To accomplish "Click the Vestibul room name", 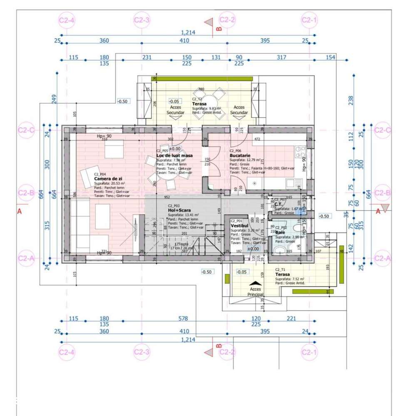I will (x=239, y=225).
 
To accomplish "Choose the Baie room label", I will (x=280, y=232).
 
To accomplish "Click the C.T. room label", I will (x=279, y=204).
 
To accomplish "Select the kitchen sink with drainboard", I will (x=296, y=182).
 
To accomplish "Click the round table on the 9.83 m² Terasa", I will (x=208, y=102).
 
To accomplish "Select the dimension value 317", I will (x=281, y=57).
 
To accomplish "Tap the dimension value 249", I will (x=53, y=99).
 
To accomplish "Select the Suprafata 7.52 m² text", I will (x=290, y=279).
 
